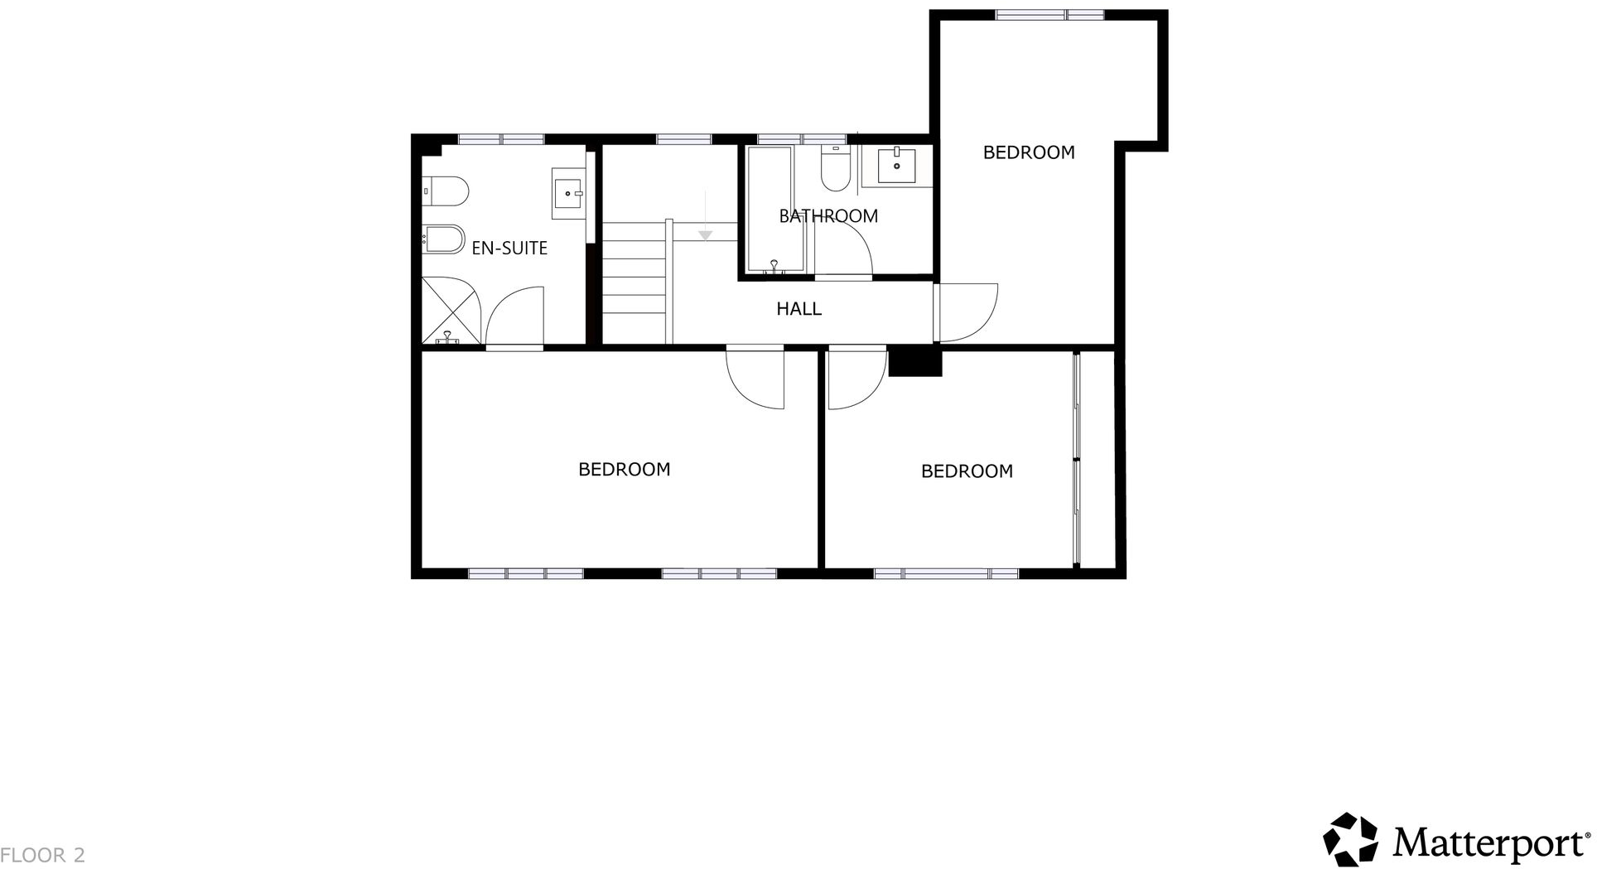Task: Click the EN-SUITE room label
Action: pyautogui.click(x=509, y=248)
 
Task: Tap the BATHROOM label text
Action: pyautogui.click(x=827, y=216)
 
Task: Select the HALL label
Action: pyautogui.click(x=798, y=309)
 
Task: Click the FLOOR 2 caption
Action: pyautogui.click(x=43, y=855)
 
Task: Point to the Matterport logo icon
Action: pyautogui.click(x=1350, y=839)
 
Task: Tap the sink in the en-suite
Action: pyautogui.click(x=568, y=194)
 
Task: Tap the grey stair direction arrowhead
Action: pyautogui.click(x=705, y=235)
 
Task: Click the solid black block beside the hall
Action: pyautogui.click(x=914, y=363)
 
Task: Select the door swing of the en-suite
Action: pyautogui.click(x=515, y=315)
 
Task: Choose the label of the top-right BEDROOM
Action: pyautogui.click(x=1029, y=152)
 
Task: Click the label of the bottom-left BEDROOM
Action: pyautogui.click(x=624, y=470)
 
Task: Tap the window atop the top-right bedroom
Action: pyautogui.click(x=1049, y=14)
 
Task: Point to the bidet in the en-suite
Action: pyautogui.click(x=443, y=239)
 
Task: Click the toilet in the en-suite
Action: pyautogui.click(x=445, y=191)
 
